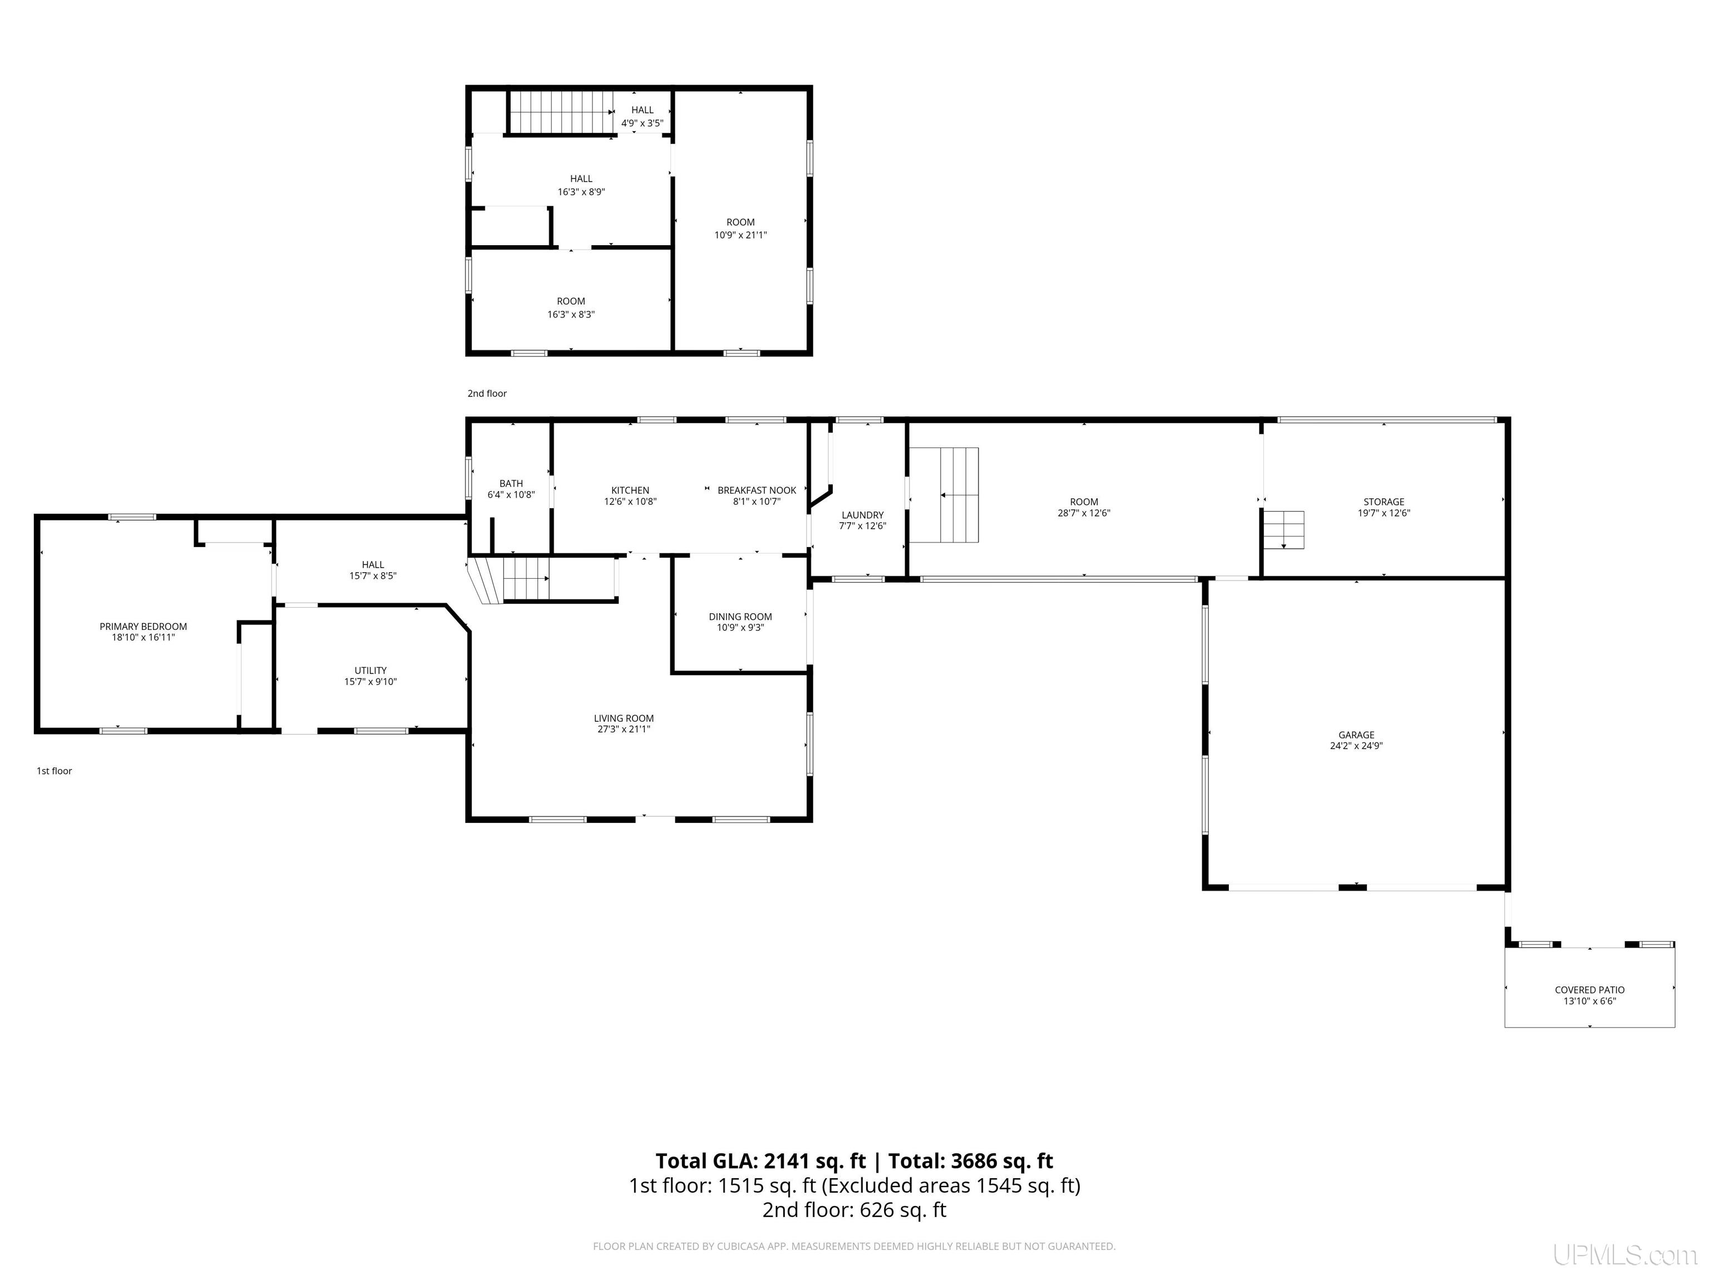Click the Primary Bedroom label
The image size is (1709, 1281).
143,626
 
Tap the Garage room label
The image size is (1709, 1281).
1357,735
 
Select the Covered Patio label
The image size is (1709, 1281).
1589,990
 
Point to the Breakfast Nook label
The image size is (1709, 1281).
757,490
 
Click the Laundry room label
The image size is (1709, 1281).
862,515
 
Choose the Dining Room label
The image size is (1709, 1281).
740,616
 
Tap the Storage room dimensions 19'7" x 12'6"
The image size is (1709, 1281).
1384,513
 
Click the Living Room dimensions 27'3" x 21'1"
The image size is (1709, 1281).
624,729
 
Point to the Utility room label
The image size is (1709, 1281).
371,670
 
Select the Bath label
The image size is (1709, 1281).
511,483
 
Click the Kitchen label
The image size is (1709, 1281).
630,490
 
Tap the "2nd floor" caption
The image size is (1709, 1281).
487,393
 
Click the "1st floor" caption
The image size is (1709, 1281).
54,771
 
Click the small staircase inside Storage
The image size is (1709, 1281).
1283,530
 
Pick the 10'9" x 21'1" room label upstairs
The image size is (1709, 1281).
740,235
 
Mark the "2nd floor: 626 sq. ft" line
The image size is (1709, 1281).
854,1210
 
